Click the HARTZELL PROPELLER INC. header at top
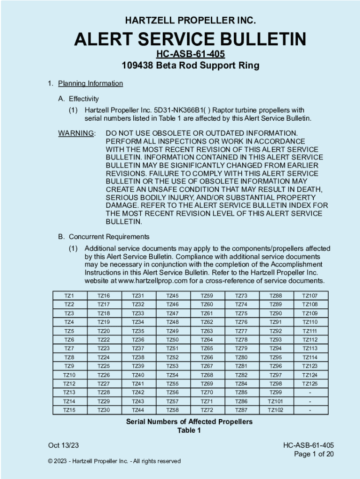tap(190, 21)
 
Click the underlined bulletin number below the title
tap(190, 54)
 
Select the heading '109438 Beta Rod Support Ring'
tap(190, 65)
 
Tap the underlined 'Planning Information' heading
tap(90, 84)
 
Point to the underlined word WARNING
tap(76, 133)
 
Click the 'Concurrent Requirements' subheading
tap(109, 237)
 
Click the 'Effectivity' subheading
tap(84, 99)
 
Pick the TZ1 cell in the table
tap(69, 296)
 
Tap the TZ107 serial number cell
tap(310, 296)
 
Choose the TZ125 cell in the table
tap(310, 384)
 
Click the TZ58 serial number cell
tap(173, 410)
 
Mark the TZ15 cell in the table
tap(69, 410)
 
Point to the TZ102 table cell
tap(275, 410)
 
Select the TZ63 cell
tap(207, 331)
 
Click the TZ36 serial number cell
tap(138, 340)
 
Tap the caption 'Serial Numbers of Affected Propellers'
tap(189, 422)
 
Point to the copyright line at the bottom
tap(114, 461)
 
